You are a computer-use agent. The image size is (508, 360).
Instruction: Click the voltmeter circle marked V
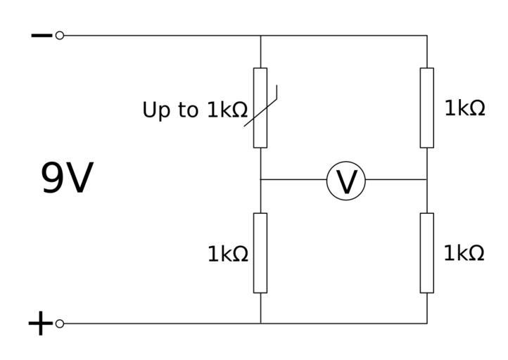346,181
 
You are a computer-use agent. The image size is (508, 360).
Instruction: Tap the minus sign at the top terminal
41,35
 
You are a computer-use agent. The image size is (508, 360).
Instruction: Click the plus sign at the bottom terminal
40,324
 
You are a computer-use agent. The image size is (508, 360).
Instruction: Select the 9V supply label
67,179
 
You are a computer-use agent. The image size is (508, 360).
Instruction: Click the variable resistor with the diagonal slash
260,108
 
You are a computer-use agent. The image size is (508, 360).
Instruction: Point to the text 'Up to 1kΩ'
194,110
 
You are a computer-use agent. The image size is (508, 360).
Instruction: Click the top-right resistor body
427,108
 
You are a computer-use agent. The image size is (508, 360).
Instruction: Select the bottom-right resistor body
427,252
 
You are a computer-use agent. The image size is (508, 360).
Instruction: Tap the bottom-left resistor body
260,252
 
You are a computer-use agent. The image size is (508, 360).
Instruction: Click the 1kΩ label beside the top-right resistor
464,108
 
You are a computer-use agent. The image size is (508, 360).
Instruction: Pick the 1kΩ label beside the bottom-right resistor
464,253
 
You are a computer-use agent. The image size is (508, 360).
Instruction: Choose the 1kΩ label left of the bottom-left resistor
227,254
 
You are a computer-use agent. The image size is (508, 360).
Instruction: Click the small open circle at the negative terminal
60,35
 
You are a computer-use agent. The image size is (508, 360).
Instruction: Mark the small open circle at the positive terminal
60,323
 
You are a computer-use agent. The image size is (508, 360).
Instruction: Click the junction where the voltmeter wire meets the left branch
260,180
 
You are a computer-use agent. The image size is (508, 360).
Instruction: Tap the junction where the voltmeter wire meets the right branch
427,180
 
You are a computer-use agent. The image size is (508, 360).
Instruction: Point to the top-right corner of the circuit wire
427,35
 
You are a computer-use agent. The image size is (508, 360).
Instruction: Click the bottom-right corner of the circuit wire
427,323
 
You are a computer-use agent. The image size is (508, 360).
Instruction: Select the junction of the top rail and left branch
260,35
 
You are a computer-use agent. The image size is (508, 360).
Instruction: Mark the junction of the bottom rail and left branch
260,323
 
